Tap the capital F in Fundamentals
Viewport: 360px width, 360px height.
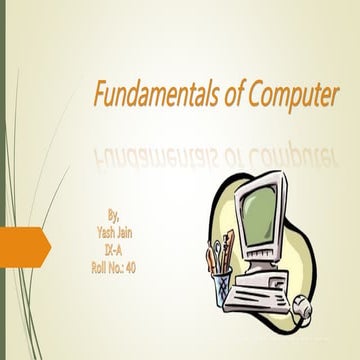tap(100, 97)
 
